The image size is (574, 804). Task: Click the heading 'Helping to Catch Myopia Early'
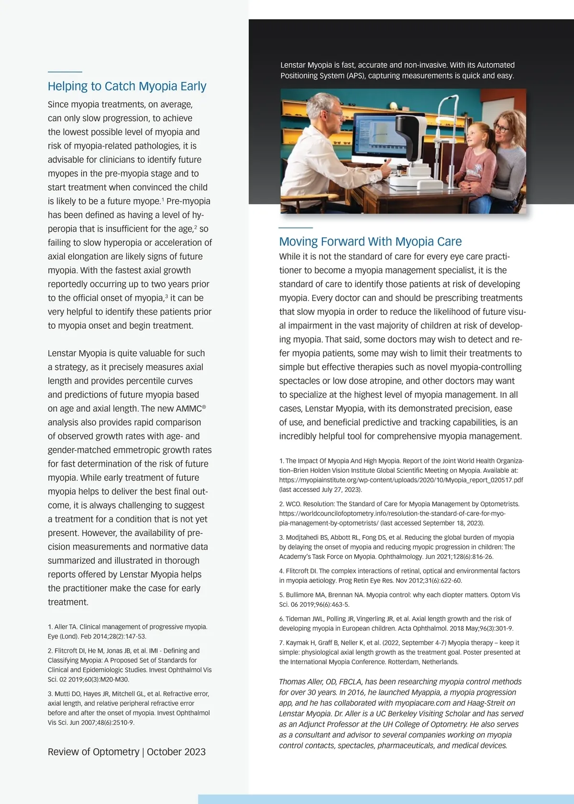coord(127,86)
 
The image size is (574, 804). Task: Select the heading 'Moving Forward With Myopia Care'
coord(370,241)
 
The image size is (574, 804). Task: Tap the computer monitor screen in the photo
coord(378,136)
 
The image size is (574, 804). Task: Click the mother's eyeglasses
coord(501,128)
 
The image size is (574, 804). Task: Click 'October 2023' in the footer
coord(176,751)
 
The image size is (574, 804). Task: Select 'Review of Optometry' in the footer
coord(93,751)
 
